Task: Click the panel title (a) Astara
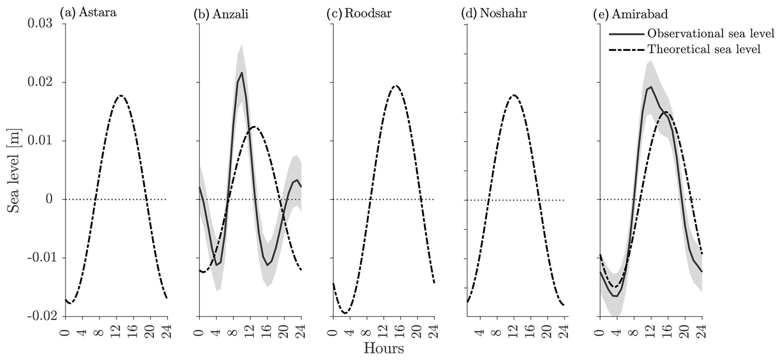[x=88, y=13]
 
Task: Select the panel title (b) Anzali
[x=221, y=14]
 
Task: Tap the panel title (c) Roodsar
[x=359, y=14]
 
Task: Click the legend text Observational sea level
[x=711, y=34]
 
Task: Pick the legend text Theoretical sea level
[x=704, y=49]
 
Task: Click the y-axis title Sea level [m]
[x=14, y=170]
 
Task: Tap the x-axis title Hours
[x=384, y=348]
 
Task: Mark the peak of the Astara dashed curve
[x=121, y=96]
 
